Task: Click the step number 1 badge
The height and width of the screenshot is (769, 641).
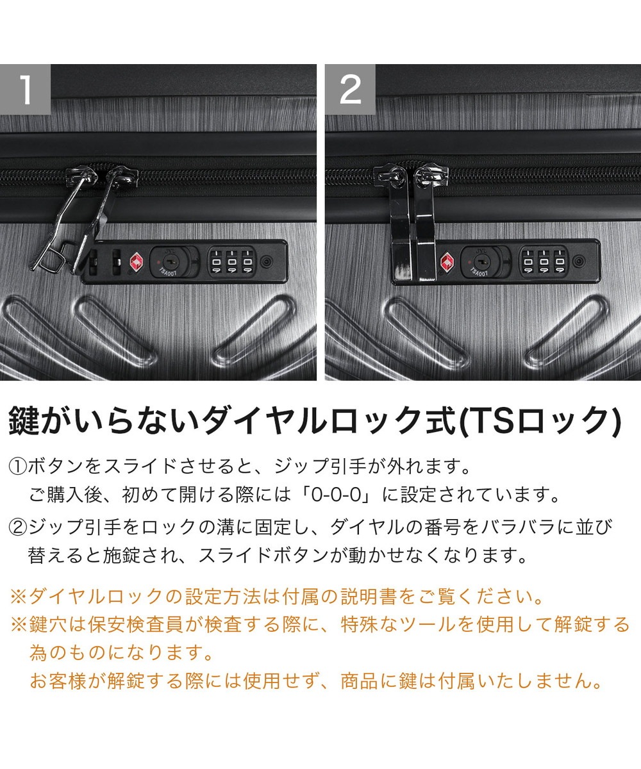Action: pos(25,89)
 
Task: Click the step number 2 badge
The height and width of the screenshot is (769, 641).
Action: pos(350,89)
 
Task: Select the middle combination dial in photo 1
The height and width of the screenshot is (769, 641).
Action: pos(231,262)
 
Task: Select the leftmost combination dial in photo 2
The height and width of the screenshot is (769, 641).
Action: pos(528,261)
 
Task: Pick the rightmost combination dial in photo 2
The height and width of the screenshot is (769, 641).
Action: pos(560,261)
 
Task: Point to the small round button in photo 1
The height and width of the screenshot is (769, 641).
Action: pos(267,262)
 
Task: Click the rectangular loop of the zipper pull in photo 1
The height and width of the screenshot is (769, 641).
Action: pos(49,256)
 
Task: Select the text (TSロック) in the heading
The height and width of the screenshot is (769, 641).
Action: pos(540,420)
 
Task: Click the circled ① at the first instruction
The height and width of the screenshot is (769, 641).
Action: pos(17,467)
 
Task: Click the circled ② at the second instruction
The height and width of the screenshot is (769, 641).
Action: pos(17,527)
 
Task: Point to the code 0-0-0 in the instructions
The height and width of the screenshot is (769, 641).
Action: pos(336,495)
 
